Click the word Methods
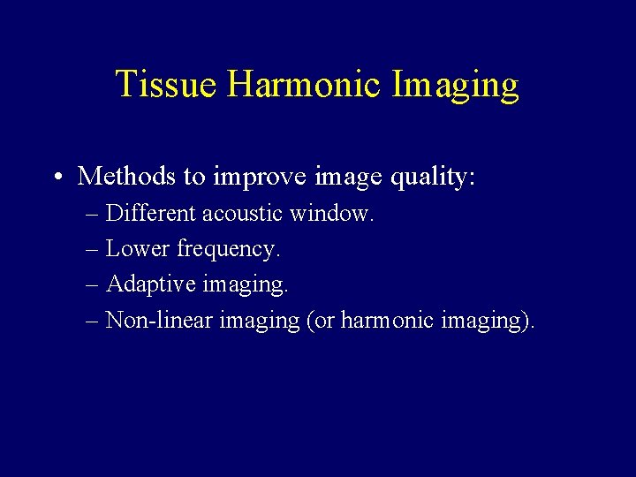coord(127,177)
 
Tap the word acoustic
coord(241,214)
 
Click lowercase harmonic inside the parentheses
coord(384,321)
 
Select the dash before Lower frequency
coord(93,250)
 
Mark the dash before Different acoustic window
coord(93,215)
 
